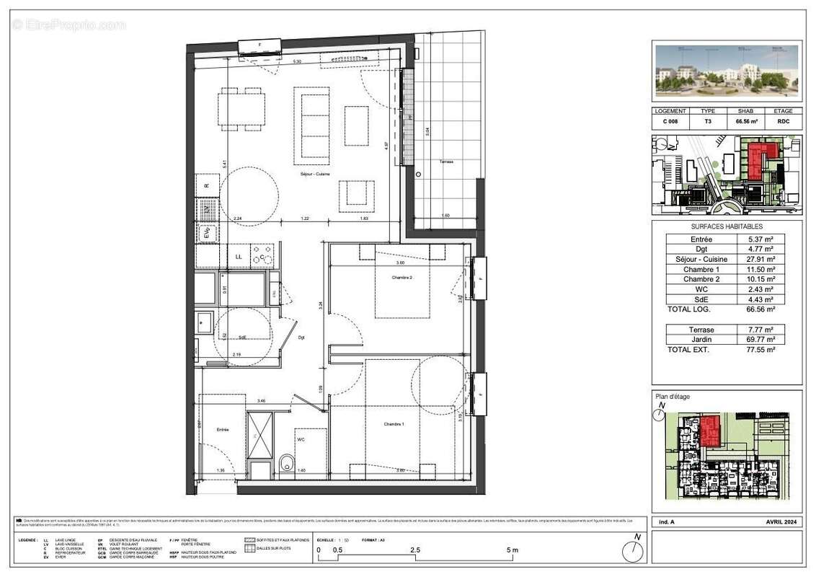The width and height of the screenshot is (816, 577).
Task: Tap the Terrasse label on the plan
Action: tap(446, 162)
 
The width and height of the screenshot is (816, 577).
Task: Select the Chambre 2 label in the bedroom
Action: tap(402, 278)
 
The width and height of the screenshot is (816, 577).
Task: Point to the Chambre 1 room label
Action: tap(393, 425)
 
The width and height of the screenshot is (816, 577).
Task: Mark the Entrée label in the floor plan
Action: tap(222, 430)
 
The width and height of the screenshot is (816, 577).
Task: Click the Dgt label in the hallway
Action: tap(301, 338)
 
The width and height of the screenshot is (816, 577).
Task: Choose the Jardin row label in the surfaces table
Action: tap(701, 339)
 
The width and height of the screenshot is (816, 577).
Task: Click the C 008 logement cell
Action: tap(671, 122)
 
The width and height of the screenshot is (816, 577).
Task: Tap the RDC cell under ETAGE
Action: tap(783, 122)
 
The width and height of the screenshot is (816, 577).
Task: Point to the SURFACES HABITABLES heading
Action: tap(726, 226)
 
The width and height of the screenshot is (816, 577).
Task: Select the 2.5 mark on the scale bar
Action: tap(415, 550)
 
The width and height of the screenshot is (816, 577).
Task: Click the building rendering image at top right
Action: tap(727, 71)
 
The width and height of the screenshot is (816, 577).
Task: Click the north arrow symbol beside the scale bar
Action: tap(634, 550)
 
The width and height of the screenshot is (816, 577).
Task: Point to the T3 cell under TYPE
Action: tap(707, 122)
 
